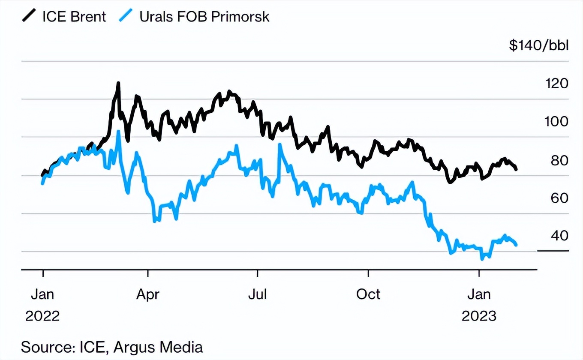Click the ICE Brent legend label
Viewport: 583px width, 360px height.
coord(74,16)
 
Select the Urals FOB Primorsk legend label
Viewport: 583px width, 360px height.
coord(204,16)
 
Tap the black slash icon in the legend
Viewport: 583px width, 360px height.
coord(29,16)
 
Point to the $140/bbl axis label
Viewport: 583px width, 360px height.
coord(538,45)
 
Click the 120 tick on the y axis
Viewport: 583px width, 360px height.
coord(556,83)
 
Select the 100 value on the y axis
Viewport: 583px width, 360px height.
coord(556,121)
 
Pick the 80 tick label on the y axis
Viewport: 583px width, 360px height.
coord(559,160)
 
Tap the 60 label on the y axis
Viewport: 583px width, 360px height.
coord(559,198)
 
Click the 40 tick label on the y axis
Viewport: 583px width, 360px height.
coord(559,235)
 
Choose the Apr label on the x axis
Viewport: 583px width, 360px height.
coord(147,294)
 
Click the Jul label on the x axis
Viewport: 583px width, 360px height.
coord(258,294)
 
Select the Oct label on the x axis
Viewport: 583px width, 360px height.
coord(368,294)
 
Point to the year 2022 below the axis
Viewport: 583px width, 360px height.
coord(42,316)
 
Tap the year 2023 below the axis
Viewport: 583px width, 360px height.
coord(479,316)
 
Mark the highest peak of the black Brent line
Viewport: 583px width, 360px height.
coord(118,83)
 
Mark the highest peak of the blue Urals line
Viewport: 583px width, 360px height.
coord(119,132)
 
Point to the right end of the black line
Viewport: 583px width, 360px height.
coord(516,169)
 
